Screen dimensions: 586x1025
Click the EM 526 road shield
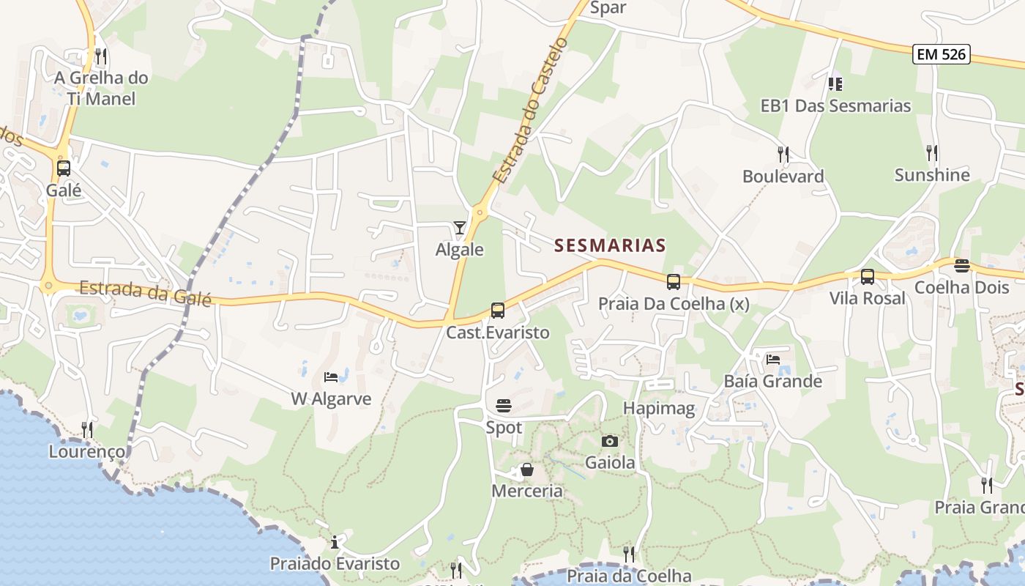tap(942, 53)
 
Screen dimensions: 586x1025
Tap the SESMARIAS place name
tap(610, 245)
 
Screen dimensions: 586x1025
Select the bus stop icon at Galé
tap(64, 168)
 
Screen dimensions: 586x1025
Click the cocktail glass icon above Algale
tap(459, 228)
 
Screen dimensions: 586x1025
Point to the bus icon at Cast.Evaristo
tap(498, 311)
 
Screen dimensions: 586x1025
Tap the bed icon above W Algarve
tap(331, 377)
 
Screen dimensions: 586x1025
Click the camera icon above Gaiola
tap(609, 441)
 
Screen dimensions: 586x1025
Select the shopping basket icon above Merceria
tap(526, 469)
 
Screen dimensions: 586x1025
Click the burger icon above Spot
tap(504, 405)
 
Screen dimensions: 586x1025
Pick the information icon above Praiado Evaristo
tap(335, 542)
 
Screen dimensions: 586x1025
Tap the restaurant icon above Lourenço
tap(87, 429)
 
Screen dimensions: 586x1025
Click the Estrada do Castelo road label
tap(530, 110)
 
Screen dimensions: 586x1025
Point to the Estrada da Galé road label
tap(145, 293)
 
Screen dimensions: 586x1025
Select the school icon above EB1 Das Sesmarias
tap(835, 84)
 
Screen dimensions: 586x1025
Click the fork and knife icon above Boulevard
tap(783, 154)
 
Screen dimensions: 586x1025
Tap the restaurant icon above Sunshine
tap(932, 152)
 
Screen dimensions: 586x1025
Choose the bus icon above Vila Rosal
tap(868, 277)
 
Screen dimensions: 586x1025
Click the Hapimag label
tap(659, 408)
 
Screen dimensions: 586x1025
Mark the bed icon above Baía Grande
tap(773, 360)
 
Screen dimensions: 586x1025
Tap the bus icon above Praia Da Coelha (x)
tap(673, 281)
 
